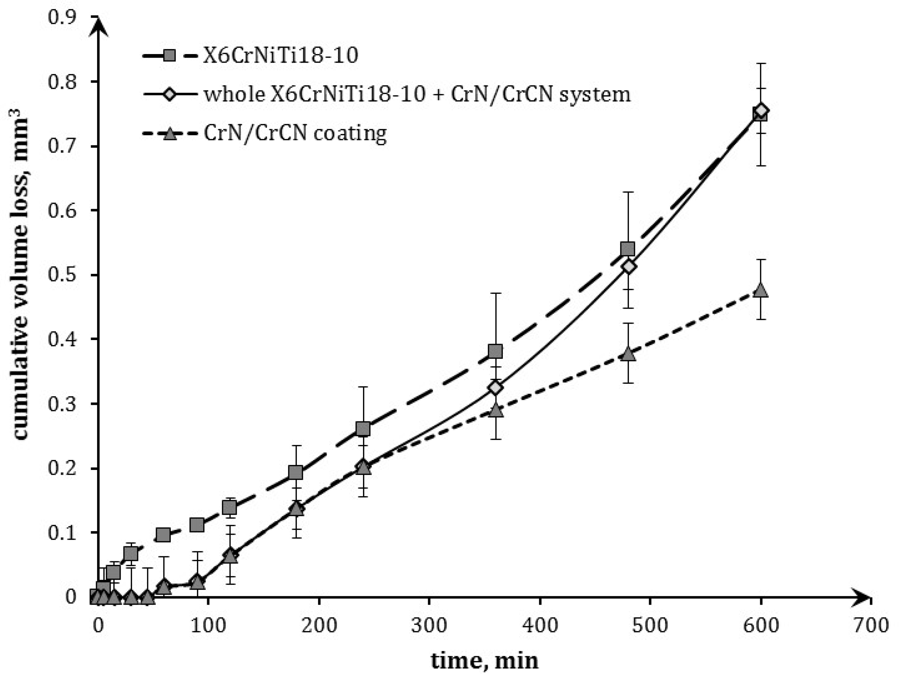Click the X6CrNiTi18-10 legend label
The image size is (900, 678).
[x=281, y=55]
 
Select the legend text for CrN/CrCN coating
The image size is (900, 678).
[x=295, y=133]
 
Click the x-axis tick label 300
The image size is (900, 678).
[x=429, y=625]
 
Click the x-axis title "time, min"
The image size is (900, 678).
[x=484, y=661]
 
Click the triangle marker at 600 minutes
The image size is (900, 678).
[x=761, y=290]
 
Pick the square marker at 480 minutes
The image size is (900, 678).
[x=628, y=249]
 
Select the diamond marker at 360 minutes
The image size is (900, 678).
[x=495, y=388]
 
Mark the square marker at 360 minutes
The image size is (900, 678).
[x=495, y=351]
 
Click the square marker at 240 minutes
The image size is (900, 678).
[x=363, y=429]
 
